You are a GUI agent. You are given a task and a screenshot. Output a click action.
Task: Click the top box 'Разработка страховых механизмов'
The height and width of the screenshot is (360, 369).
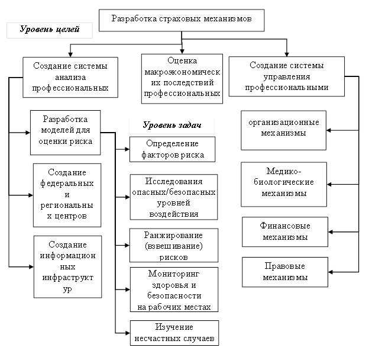tap(182, 20)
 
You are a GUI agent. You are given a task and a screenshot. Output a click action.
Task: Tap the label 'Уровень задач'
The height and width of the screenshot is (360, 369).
tap(172, 126)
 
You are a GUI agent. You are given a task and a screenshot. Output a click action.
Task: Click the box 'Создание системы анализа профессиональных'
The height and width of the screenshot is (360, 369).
tap(70, 78)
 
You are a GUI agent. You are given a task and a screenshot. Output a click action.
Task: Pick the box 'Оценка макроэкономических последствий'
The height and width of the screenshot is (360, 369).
tap(182, 77)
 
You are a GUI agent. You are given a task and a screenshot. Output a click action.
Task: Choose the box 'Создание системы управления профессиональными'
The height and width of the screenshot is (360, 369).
tap(287, 76)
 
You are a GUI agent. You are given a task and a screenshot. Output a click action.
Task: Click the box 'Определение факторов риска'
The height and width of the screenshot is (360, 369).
tap(172, 149)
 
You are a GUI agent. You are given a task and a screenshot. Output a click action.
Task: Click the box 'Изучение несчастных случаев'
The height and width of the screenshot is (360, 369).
tap(174, 333)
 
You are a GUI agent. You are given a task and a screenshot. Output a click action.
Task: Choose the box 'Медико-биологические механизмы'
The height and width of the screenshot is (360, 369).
tap(284, 184)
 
